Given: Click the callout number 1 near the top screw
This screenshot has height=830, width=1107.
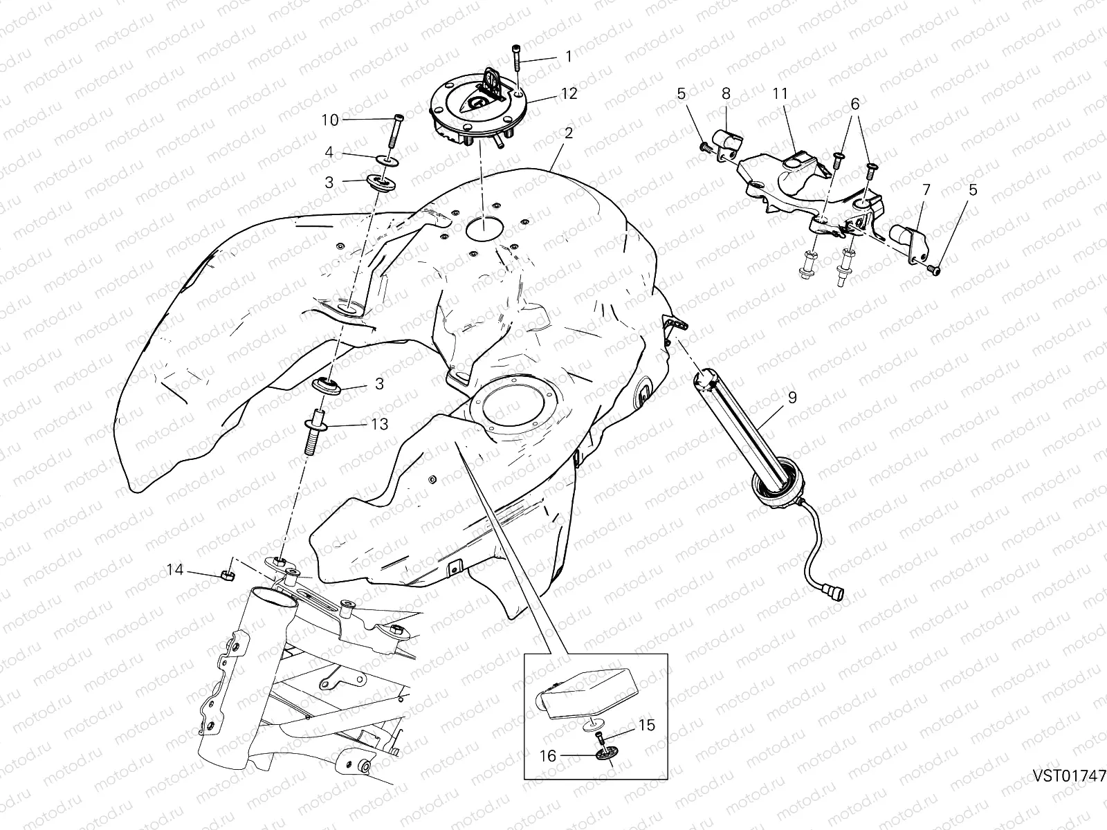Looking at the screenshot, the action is (569, 57).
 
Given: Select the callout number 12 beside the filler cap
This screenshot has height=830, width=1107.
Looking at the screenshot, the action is (569, 93).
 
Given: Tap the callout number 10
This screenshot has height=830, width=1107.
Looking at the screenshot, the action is (330, 120).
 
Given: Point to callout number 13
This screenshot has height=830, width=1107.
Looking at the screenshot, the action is (379, 424).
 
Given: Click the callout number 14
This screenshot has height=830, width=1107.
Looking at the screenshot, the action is (175, 570).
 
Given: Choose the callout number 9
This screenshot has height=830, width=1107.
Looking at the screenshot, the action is (792, 398).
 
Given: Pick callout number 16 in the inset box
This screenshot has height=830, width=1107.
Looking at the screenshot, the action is (548, 756).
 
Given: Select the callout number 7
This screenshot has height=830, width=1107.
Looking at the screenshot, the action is (926, 190).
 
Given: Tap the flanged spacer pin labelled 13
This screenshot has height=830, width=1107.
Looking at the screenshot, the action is (314, 432).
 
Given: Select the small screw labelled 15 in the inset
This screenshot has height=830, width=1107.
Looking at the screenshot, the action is (600, 737).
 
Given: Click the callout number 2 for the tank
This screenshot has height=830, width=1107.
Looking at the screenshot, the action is (569, 133).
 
